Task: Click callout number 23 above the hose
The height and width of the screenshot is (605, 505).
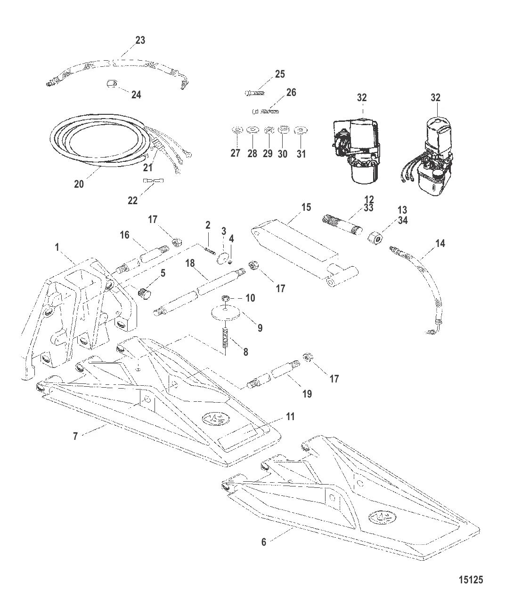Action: coord(140,40)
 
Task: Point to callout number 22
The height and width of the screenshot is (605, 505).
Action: coord(133,201)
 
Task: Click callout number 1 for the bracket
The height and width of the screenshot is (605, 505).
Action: coord(57,247)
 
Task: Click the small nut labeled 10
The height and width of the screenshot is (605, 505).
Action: coord(225,298)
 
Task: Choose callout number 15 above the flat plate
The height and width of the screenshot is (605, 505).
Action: coord(306,207)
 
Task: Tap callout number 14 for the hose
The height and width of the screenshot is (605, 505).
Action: coord(440,244)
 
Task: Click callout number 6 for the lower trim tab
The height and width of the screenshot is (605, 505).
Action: coord(264,542)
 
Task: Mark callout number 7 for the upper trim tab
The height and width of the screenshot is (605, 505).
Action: coord(75,437)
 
